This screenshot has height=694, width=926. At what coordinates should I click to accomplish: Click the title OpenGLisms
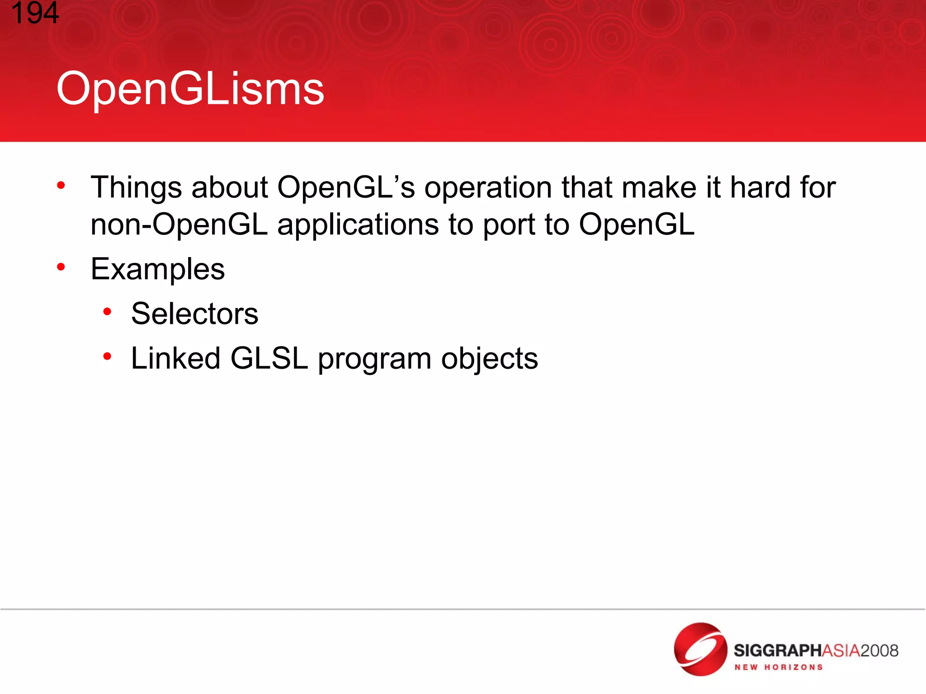click(x=190, y=89)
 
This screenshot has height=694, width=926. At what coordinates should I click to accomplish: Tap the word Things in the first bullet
click(x=136, y=188)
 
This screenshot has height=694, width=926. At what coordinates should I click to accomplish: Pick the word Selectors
click(x=194, y=314)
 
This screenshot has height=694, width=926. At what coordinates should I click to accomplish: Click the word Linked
click(x=175, y=358)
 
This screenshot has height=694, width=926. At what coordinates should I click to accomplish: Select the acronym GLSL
click(x=269, y=358)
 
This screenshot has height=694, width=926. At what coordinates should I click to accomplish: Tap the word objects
click(x=489, y=359)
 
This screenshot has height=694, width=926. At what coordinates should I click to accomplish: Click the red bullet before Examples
click(x=61, y=267)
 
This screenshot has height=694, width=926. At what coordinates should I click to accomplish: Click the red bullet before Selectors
click(x=107, y=312)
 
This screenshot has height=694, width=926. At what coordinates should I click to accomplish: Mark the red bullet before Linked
click(x=107, y=356)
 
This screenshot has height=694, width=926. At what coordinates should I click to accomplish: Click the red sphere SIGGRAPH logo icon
click(x=700, y=649)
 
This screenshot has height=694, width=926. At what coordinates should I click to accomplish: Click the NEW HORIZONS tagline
click(x=778, y=667)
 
